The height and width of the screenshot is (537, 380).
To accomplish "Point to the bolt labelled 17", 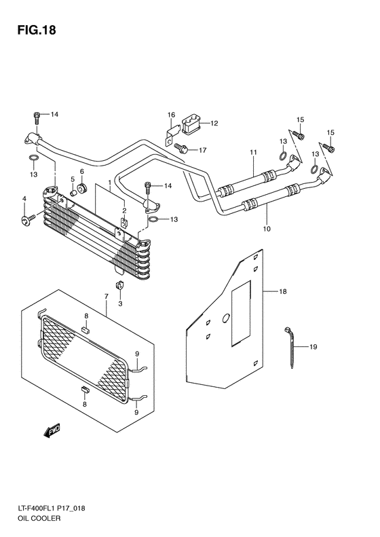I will (x=182, y=147).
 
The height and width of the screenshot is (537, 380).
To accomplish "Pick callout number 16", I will (x=172, y=115).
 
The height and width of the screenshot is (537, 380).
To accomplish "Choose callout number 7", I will (x=107, y=297).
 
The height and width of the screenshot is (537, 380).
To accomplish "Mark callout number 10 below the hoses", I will (x=266, y=229).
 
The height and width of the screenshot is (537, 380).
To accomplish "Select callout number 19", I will (x=313, y=347).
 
